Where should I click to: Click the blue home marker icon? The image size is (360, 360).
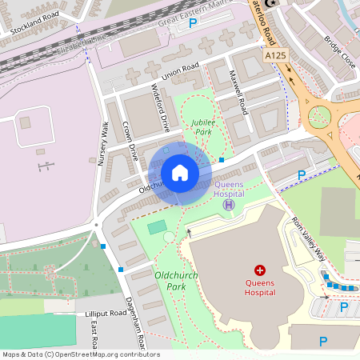pyautogui.click(x=180, y=173)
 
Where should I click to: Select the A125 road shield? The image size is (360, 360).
pyautogui.click(x=274, y=55)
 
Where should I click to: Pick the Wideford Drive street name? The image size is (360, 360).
pyautogui.click(x=161, y=108)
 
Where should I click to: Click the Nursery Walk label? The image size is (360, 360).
pyautogui.click(x=102, y=144)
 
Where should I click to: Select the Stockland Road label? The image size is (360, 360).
pyautogui.click(x=37, y=24)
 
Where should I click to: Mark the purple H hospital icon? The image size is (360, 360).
pyautogui.click(x=229, y=205)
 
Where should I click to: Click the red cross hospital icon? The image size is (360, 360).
pyautogui.click(x=259, y=270)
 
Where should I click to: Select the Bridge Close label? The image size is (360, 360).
pyautogui.click(x=338, y=50)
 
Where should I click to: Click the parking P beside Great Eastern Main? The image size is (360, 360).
pyautogui.click(x=192, y=24)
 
